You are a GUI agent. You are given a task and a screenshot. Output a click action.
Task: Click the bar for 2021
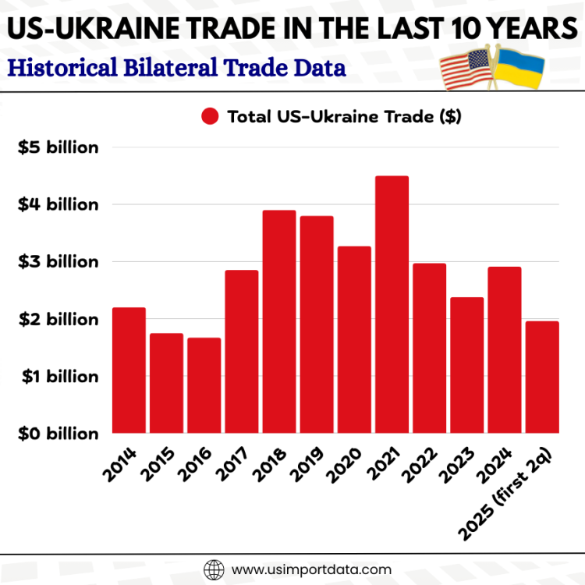pos(392,304)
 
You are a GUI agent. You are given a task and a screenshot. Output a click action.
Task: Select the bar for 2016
pos(204,385)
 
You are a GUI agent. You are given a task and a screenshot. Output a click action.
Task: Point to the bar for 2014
pos(129,370)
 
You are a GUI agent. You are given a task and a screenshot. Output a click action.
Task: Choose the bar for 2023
pos(466,365)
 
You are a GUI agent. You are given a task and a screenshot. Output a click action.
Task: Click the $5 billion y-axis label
pos(58,147)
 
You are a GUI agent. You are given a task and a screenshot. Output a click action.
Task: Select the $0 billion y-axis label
pos(58,434)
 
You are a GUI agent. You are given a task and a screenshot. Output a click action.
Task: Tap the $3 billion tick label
pos(58,262)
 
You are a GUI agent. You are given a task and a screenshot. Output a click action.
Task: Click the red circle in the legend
pos(210,117)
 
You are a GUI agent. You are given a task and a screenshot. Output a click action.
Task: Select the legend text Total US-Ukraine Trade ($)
pos(344,117)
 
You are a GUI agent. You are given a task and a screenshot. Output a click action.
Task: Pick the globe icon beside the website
pos(213,569)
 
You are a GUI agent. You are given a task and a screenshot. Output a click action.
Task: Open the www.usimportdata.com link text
pos(311,569)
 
